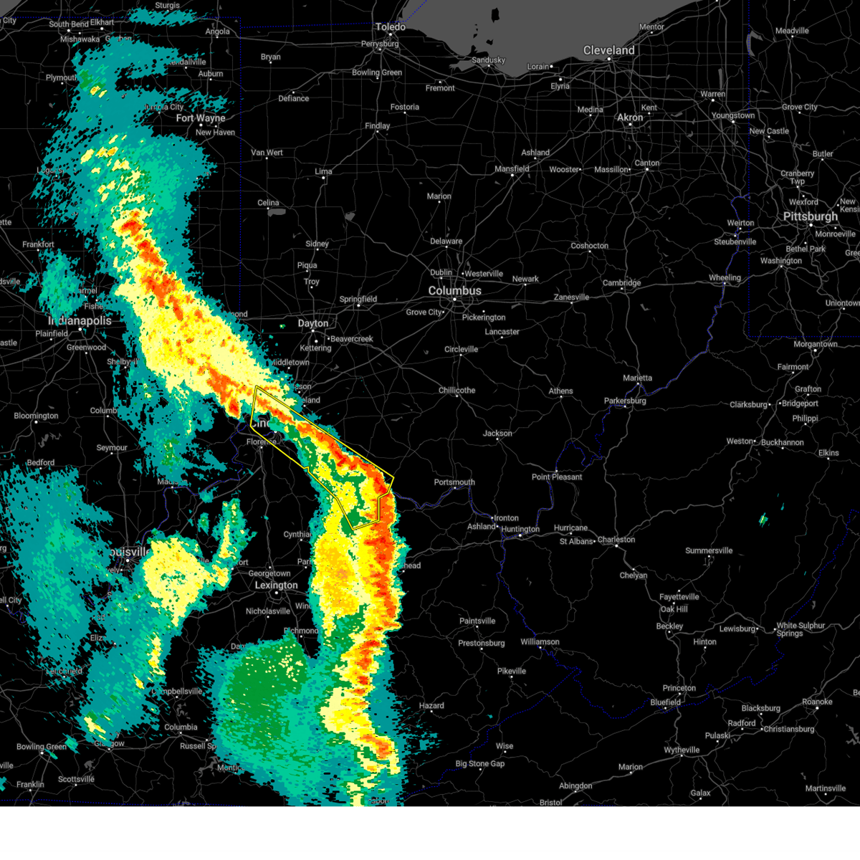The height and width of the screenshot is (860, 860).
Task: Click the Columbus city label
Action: click(454, 291)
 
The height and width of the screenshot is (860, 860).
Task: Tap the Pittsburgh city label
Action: click(810, 216)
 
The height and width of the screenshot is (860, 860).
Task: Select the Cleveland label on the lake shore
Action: click(608, 50)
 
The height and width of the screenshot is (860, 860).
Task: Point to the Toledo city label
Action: click(391, 27)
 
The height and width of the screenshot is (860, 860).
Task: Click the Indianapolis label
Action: click(80, 320)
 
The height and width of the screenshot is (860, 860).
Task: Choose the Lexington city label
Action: click(276, 586)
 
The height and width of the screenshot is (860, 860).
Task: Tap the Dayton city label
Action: click(313, 323)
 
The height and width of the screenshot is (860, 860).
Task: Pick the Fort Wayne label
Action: click(201, 118)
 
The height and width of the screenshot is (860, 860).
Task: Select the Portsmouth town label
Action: click(454, 482)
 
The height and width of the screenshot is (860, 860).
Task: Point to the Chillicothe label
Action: click(457, 391)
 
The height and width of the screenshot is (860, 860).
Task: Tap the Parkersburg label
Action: click(625, 401)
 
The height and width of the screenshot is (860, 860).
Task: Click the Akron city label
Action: click(630, 118)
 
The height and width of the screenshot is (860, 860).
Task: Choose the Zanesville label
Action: click(571, 297)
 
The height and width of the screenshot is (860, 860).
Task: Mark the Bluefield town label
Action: click(665, 702)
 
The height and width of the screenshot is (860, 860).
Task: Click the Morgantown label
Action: click(815, 345)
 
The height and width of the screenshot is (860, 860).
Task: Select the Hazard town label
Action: click(431, 706)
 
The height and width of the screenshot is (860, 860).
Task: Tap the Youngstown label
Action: click(733, 115)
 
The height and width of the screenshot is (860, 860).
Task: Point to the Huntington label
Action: click(520, 530)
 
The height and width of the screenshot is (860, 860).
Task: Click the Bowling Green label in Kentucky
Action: click(42, 747)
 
